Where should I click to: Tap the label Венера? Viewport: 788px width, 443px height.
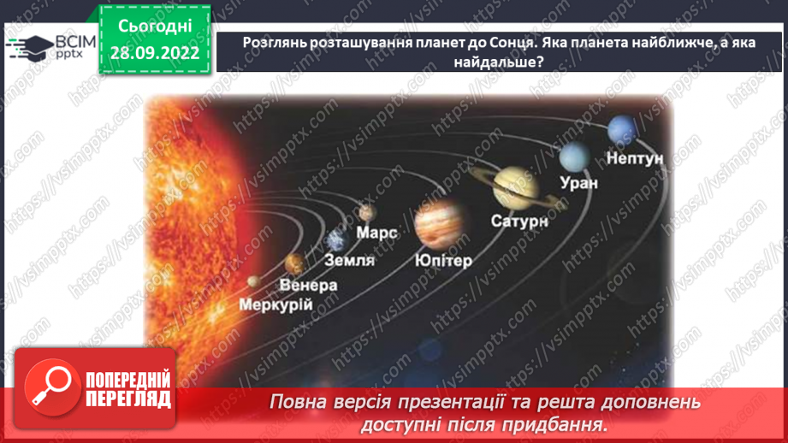coord(308,284)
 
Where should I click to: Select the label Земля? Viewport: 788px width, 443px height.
coord(350,260)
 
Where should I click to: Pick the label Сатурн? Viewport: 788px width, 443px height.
coord(518,221)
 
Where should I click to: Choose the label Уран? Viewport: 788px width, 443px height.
coord(578,181)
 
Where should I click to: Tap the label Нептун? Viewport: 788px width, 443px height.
coord(635,157)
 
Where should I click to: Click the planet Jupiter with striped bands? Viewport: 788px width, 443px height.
coord(437,221)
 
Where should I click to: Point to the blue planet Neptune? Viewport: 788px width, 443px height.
coord(619,131)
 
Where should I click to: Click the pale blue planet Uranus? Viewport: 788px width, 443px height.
coord(575,157)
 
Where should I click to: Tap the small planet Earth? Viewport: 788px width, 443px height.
coord(335,239)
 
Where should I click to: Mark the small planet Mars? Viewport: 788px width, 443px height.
coord(368,211)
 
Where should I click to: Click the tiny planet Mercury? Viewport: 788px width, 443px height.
coord(253,281)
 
